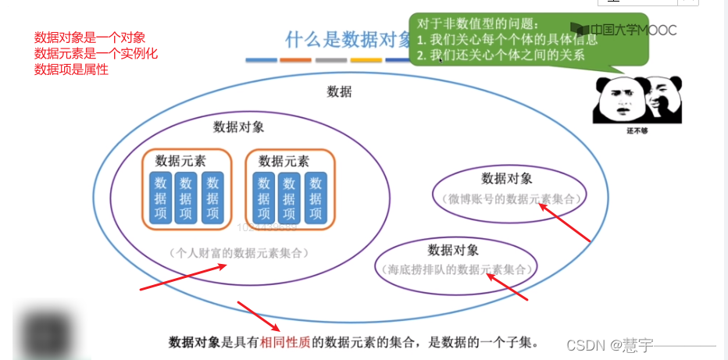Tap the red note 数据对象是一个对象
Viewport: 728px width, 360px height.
click(90, 37)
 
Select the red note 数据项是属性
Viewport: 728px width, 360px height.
click(71, 70)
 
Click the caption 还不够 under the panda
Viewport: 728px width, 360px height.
click(637, 131)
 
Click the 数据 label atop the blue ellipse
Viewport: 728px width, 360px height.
click(339, 91)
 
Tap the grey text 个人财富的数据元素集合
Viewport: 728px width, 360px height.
click(238, 253)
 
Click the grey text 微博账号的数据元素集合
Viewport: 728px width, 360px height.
click(511, 199)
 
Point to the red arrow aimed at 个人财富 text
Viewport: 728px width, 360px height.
click(184, 276)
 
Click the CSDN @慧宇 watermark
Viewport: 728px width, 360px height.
click(610, 344)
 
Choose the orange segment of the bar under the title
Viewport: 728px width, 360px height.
click(296, 60)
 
